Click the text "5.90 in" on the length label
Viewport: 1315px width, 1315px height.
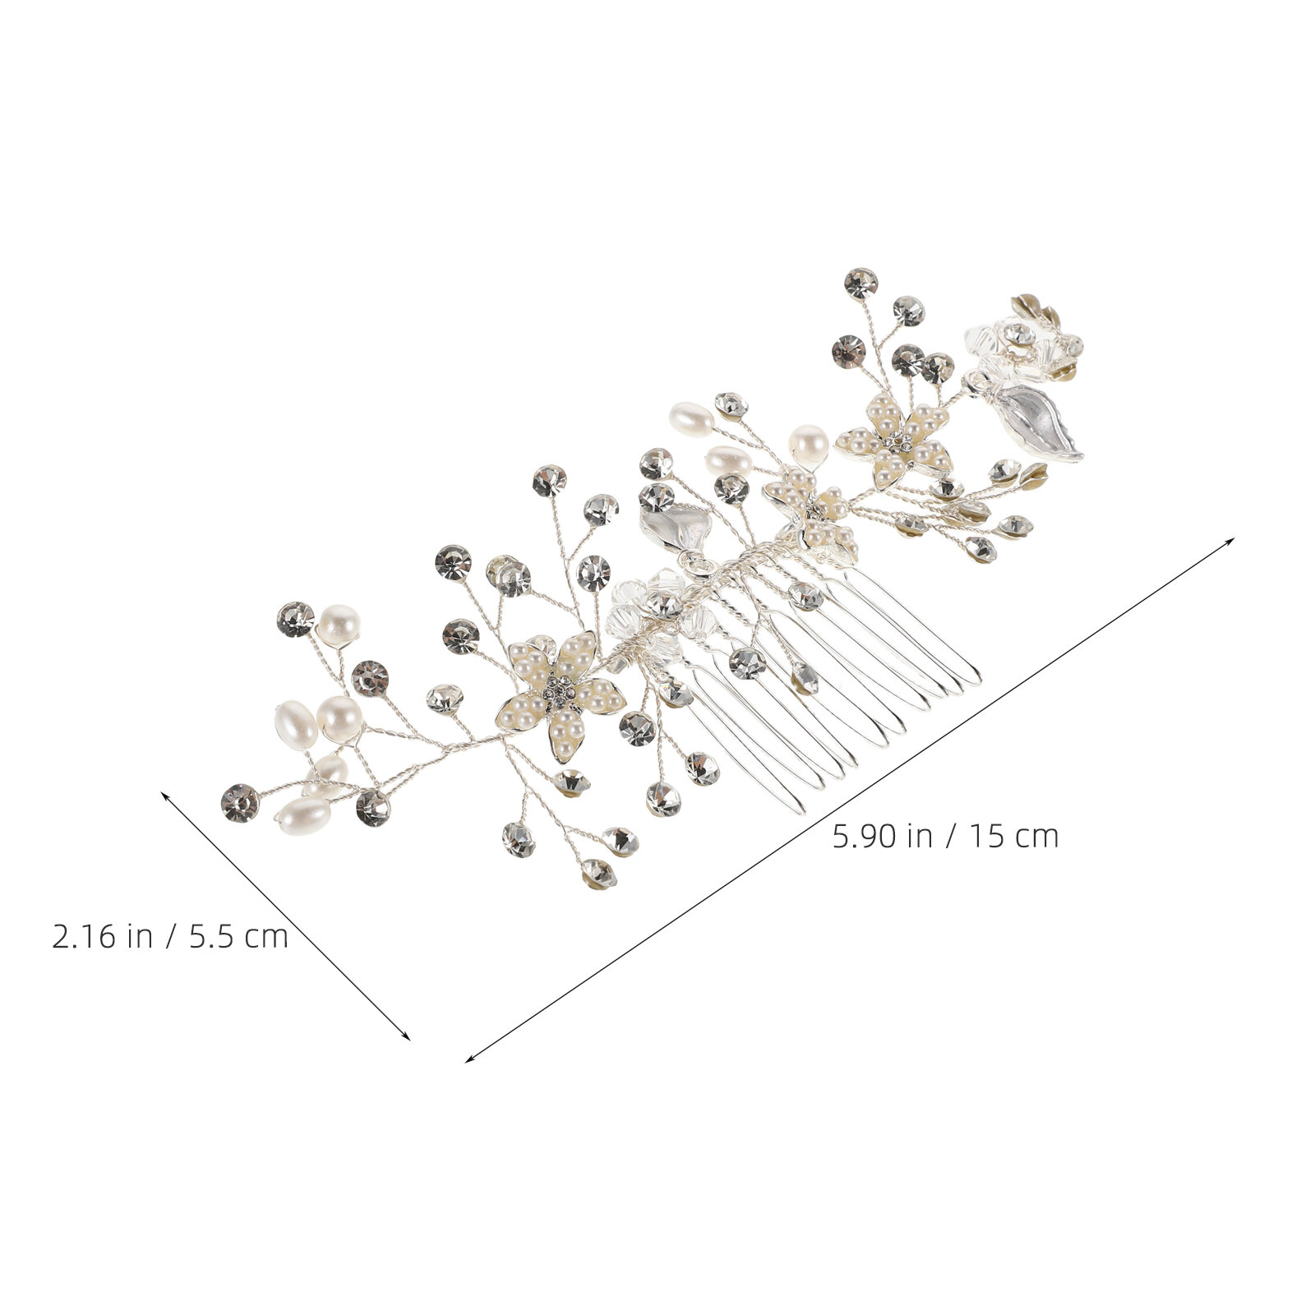coord(881,837)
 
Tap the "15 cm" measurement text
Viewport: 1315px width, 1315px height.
coord(1013,837)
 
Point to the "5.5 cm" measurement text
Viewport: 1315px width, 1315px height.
coord(239,937)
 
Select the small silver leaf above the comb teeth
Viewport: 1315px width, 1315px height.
coord(676,526)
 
